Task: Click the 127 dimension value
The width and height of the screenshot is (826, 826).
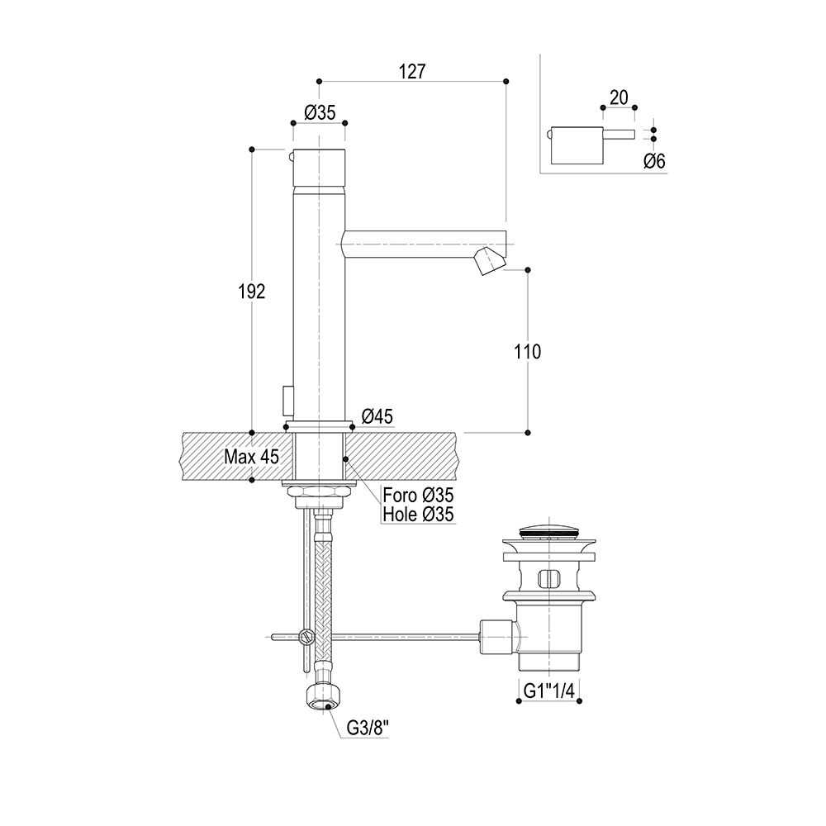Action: point(411,71)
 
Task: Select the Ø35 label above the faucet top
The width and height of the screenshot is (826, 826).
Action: point(320,112)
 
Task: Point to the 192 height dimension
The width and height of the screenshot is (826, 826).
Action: point(252,292)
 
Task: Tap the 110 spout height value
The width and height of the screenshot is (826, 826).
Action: point(527,351)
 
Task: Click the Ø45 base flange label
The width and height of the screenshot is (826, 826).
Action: point(377,416)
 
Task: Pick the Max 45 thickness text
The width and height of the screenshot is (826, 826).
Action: point(251,456)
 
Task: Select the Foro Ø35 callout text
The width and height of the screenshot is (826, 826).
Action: point(418,495)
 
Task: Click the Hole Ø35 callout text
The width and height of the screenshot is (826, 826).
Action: point(418,514)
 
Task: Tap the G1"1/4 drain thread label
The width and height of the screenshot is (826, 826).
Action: point(549,691)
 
